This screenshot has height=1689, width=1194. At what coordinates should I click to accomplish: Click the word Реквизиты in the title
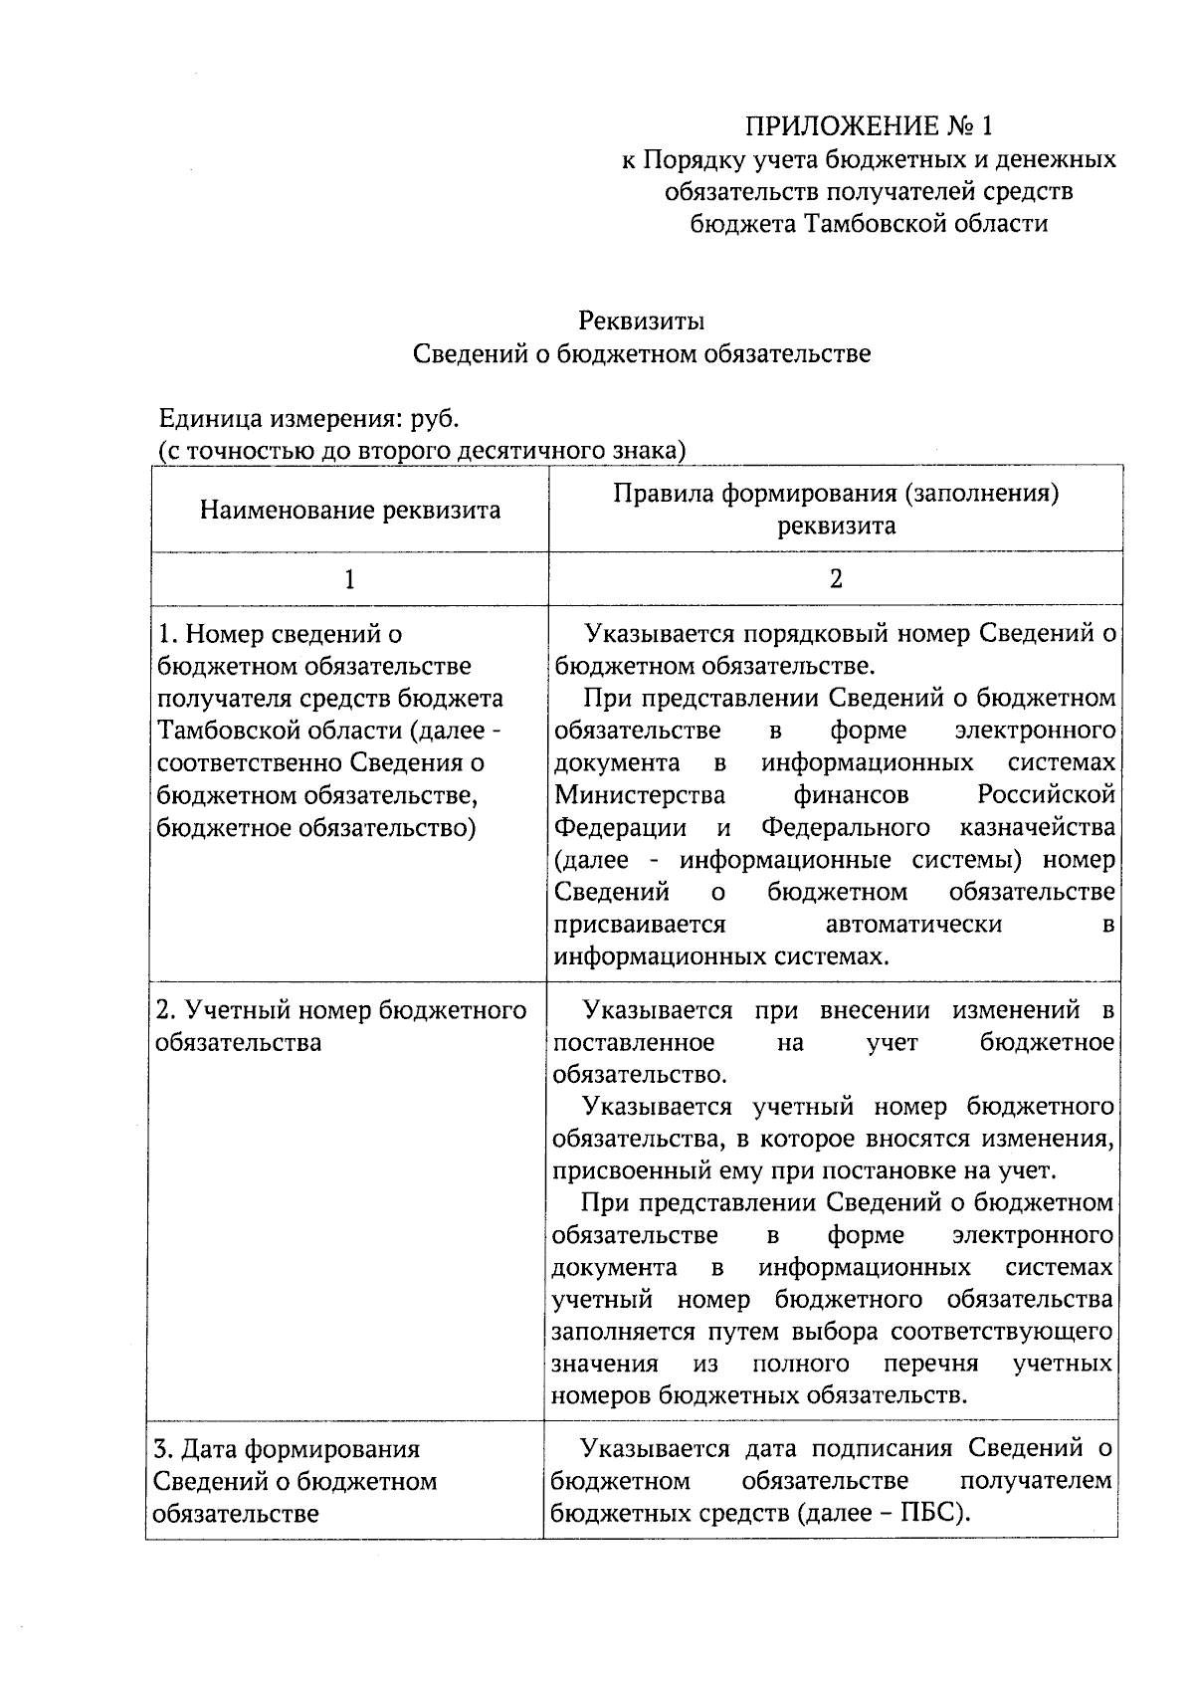point(642,320)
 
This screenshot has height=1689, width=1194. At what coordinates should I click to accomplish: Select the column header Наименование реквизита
point(349,511)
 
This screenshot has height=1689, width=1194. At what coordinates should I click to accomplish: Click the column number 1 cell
point(349,579)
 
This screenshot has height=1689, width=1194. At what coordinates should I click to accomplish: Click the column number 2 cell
point(835,579)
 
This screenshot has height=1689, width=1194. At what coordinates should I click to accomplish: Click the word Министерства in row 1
point(640,795)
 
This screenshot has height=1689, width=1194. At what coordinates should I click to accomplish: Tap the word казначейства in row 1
point(1038,827)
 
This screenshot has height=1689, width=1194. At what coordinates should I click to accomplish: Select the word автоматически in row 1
point(913,924)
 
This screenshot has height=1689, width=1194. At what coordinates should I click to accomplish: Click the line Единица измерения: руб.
point(309,417)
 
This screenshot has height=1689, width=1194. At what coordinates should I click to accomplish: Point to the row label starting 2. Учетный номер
point(341,1010)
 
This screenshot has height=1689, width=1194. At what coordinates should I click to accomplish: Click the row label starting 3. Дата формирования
point(287,1449)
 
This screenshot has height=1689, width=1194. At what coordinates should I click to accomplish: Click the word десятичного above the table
point(530,450)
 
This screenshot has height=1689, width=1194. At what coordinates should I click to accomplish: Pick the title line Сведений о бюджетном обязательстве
point(642,353)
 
